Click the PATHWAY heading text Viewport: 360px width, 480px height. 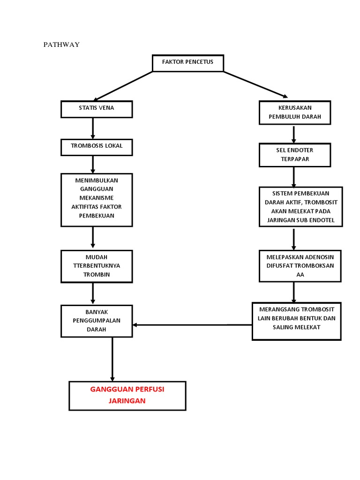pyautogui.click(x=61, y=45)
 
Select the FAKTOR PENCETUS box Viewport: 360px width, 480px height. pyautogui.click(x=187, y=63)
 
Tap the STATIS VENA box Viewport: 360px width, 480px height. pyautogui.click(x=97, y=109)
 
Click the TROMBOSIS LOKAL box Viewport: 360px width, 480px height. pyautogui.click(x=97, y=147)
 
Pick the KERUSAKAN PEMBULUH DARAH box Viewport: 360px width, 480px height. pyautogui.click(x=295, y=112)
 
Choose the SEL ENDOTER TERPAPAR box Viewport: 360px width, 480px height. pyautogui.click(x=295, y=155)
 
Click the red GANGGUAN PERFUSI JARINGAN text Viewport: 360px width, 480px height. pyautogui.click(x=127, y=395)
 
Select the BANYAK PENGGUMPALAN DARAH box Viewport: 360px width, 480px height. pyautogui.click(x=97, y=321)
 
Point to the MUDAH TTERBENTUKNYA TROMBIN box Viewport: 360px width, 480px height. pyautogui.click(x=97, y=266)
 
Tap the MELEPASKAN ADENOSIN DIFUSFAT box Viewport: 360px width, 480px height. pyautogui.click(x=300, y=266)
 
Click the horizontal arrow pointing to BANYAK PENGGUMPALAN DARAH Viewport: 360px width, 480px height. pyautogui.click(x=192, y=325)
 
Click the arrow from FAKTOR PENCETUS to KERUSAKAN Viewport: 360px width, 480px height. pyautogui.click(x=255, y=85)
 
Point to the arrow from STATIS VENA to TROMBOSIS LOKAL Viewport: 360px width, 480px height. pyautogui.click(x=93, y=128)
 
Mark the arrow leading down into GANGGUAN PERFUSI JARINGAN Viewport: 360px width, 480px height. pyautogui.click(x=112, y=359)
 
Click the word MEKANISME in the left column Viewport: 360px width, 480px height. pyautogui.click(x=97, y=198)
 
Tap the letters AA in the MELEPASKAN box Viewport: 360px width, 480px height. pyautogui.click(x=300, y=275)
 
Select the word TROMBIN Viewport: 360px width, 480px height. pyautogui.click(x=97, y=275)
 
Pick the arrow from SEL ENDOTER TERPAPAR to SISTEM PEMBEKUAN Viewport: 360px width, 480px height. pyautogui.click(x=294, y=176)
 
